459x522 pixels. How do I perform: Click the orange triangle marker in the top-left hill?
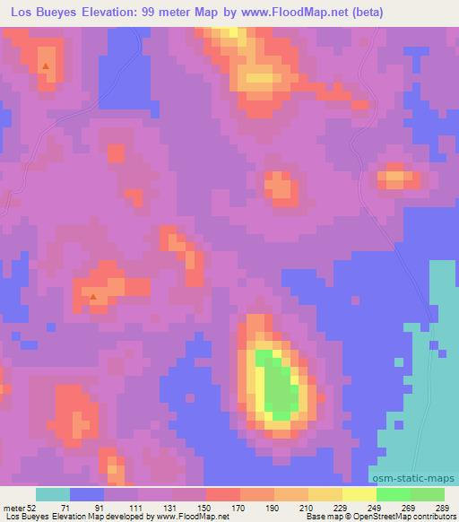[x=46, y=65]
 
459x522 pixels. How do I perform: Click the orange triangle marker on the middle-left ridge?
[x=93, y=295]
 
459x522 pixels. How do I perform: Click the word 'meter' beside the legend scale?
[x=14, y=508]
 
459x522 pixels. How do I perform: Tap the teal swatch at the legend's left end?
[x=53, y=494]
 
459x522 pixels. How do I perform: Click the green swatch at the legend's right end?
[x=428, y=494]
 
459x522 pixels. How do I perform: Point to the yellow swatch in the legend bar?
[x=359, y=494]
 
